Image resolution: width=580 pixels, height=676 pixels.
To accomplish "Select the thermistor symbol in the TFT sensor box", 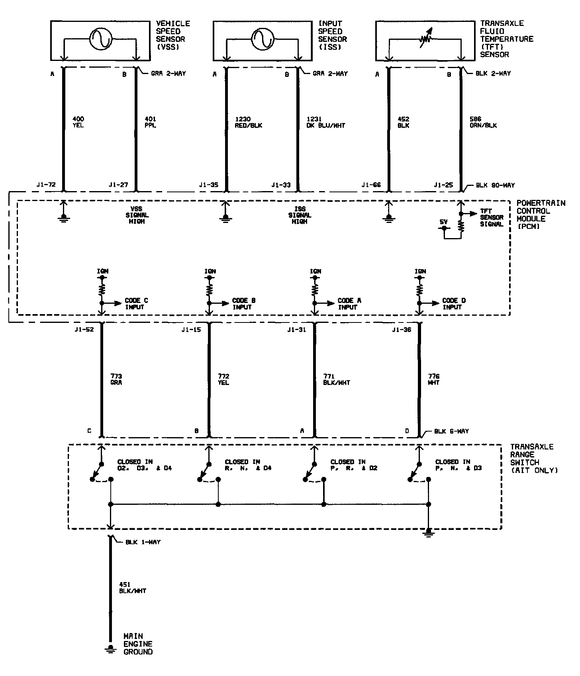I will pyautogui.click(x=425, y=39).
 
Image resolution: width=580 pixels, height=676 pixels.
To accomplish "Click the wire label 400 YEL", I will pyautogui.click(x=78, y=122).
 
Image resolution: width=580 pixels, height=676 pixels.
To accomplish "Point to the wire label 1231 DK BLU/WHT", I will pyautogui.click(x=325, y=122).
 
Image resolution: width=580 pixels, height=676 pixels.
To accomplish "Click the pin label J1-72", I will pyautogui.click(x=46, y=185).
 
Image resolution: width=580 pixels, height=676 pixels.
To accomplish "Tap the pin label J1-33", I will pyautogui.click(x=281, y=185).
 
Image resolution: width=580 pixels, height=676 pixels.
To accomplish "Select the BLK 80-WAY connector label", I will pyautogui.click(x=495, y=185).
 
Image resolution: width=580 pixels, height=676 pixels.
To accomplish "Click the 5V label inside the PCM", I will pyautogui.click(x=443, y=221).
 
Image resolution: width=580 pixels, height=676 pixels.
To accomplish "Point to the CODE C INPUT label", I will pyautogui.click(x=136, y=304).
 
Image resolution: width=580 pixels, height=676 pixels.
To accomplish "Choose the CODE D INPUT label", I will pyautogui.click(x=454, y=304).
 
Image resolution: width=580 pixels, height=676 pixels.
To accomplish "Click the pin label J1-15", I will pyautogui.click(x=191, y=330).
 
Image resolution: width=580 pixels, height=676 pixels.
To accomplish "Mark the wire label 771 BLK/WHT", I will pyautogui.click(x=337, y=379).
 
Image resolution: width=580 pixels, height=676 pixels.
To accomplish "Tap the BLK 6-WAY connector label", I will pyautogui.click(x=451, y=431).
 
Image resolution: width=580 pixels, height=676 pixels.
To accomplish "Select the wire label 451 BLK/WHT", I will pyautogui.click(x=132, y=588).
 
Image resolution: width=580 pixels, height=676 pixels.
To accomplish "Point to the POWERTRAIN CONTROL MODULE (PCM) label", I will pyautogui.click(x=541, y=215).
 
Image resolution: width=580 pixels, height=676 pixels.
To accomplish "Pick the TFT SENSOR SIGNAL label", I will pyautogui.click(x=492, y=217).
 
